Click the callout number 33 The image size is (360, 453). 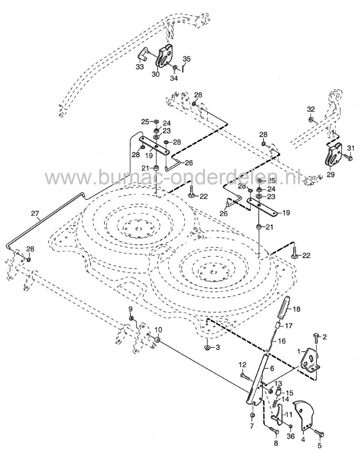[x=139, y=67]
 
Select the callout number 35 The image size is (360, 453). [x=186, y=59]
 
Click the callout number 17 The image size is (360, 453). [x=288, y=326]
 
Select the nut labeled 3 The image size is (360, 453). [x=207, y=347]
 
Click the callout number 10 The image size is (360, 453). [x=158, y=330]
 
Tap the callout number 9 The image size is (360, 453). [x=131, y=308]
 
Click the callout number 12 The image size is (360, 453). [x=242, y=365]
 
